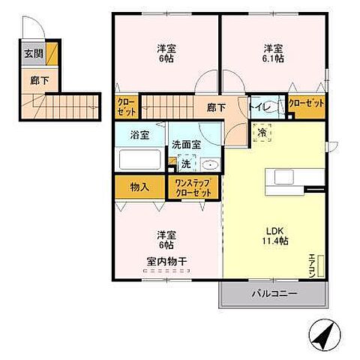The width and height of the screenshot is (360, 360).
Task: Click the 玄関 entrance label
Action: pos(32,54)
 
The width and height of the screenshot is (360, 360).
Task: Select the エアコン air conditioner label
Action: pos(312,264)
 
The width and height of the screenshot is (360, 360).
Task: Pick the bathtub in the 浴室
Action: pos(139,160)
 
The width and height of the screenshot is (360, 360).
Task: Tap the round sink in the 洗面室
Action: pos(209,165)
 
